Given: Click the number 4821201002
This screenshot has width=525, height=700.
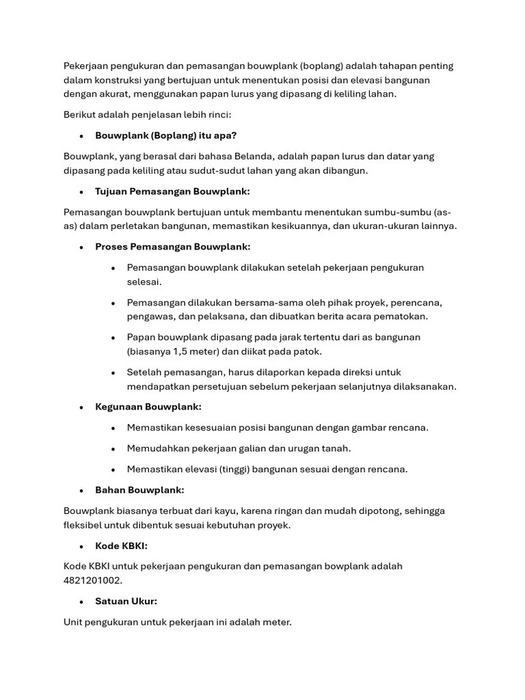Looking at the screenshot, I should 92,580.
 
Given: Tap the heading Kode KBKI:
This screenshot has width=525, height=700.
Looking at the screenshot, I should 121,546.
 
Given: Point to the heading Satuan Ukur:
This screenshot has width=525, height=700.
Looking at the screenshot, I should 126,602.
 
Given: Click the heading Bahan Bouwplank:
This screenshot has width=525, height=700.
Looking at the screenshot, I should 139,490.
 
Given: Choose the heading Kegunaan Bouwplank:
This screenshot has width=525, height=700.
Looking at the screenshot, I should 148,407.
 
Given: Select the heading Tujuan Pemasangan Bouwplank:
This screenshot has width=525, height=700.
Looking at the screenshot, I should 172,191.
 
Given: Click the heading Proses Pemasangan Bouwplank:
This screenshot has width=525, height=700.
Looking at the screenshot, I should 172,247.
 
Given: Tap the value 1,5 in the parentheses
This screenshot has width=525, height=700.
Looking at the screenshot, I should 181,351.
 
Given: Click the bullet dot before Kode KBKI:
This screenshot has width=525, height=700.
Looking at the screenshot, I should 81,546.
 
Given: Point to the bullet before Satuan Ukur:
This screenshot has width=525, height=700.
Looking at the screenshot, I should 81,602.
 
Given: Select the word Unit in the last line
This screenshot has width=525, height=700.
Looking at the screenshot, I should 74,623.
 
